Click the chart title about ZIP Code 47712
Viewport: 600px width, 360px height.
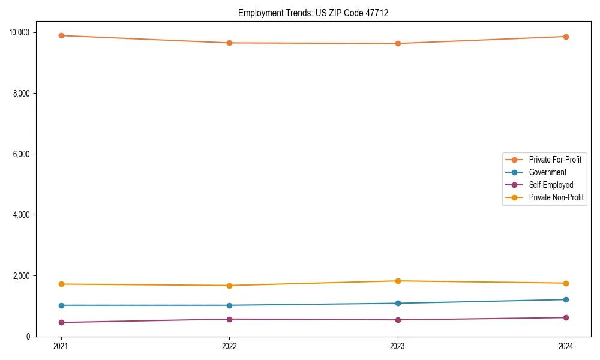point(313,13)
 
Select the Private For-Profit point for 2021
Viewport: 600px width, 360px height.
point(61,35)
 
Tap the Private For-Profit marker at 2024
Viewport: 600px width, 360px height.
point(566,37)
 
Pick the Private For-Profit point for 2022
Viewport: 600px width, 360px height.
point(229,43)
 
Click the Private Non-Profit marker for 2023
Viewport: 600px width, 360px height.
point(398,281)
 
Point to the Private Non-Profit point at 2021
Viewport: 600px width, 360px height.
point(61,284)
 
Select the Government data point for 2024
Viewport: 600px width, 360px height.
point(566,299)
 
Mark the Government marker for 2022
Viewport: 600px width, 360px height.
point(229,305)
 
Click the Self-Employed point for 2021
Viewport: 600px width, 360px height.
point(61,322)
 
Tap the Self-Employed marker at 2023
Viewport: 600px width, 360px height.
point(398,320)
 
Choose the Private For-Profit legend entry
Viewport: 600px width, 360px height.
point(554,160)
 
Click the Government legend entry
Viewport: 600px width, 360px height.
point(547,172)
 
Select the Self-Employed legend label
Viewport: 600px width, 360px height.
point(551,185)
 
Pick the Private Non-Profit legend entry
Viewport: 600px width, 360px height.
point(556,197)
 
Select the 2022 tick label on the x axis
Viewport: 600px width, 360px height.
point(229,346)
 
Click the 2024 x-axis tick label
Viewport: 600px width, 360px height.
point(566,346)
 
